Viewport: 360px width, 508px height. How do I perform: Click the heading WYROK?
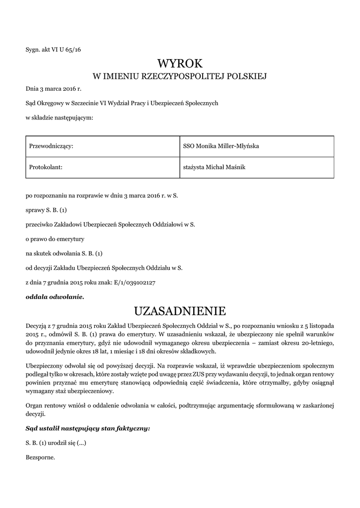pos(180,63)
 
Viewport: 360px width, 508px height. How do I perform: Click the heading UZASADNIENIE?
pos(180,311)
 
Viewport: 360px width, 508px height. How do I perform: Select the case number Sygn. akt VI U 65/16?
pos(53,49)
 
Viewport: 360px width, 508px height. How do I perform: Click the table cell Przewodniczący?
pos(52,146)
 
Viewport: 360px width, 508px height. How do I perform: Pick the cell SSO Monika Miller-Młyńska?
pos(221,146)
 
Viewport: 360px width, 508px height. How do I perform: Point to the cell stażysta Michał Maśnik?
pos(215,167)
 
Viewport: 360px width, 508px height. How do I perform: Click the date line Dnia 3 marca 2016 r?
pos(53,89)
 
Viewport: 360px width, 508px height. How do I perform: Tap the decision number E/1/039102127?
pos(136,282)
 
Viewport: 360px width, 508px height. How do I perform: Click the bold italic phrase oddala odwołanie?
pos(55,297)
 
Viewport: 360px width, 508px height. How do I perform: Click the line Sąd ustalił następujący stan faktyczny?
pos(88,427)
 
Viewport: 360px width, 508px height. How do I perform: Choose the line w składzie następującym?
pos(60,118)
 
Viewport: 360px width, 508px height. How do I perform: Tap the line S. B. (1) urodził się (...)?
pos(56,442)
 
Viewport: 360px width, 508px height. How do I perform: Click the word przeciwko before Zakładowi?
pos(39,224)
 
